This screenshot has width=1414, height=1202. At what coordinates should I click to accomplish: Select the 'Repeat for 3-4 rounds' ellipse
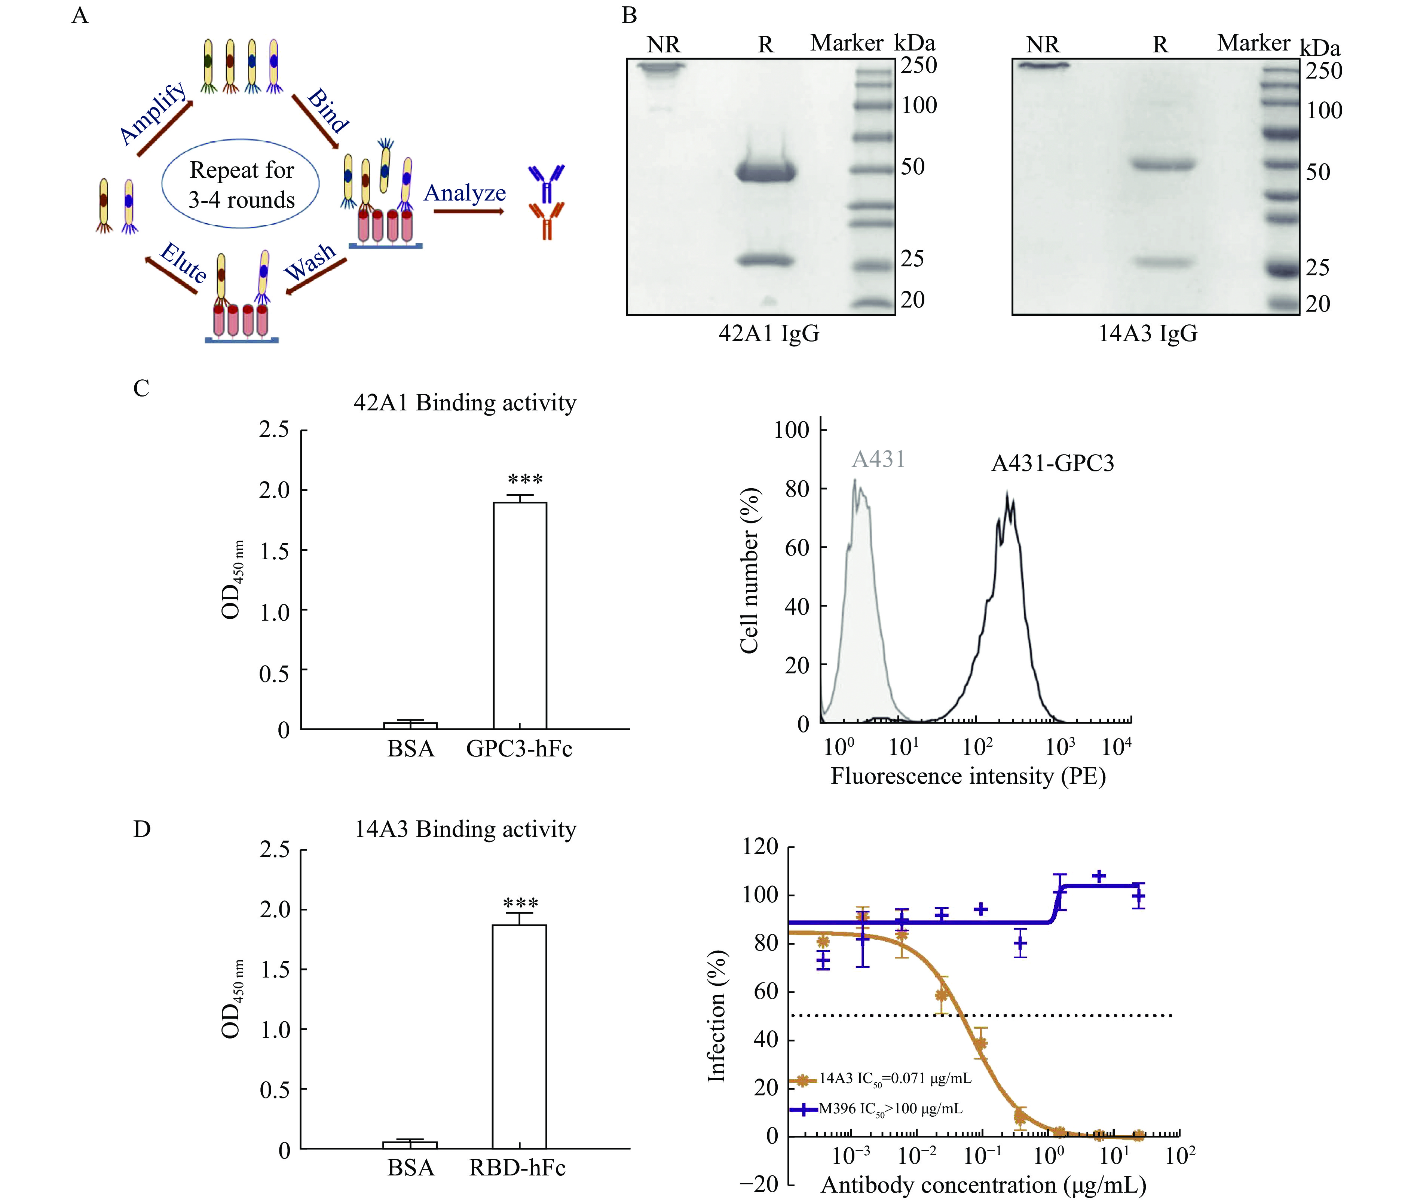click(241, 185)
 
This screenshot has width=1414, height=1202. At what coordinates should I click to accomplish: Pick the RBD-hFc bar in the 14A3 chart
click(519, 1036)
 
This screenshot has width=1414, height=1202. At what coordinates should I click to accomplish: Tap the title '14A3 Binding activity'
click(465, 829)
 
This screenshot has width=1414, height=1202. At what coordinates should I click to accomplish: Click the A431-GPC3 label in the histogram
click(1052, 464)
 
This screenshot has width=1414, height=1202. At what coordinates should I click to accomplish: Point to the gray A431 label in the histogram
click(878, 459)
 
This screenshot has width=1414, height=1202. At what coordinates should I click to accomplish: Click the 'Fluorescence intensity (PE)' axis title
click(968, 776)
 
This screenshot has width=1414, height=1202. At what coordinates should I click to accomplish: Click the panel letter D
click(142, 829)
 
